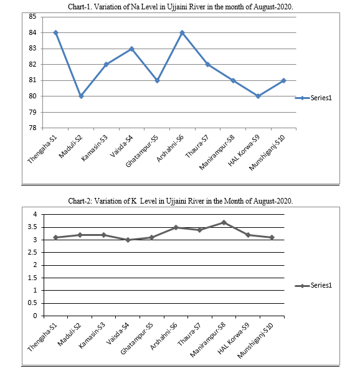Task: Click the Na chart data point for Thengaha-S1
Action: pyautogui.click(x=55, y=32)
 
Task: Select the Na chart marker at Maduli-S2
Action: pyautogui.click(x=81, y=96)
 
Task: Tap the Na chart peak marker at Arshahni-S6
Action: pyautogui.click(x=182, y=32)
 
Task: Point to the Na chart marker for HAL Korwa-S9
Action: pyautogui.click(x=258, y=96)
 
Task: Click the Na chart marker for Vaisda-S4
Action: pyautogui.click(x=132, y=49)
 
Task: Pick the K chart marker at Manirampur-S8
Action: pyautogui.click(x=224, y=222)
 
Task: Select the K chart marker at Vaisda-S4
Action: pyautogui.click(x=128, y=240)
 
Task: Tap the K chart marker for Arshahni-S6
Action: pyautogui.click(x=176, y=227)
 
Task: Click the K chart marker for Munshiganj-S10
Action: pyautogui.click(x=272, y=237)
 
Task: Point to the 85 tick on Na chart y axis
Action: pyautogui.click(x=32, y=17)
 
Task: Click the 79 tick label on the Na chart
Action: pyautogui.click(x=32, y=112)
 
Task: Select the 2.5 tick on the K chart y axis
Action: pyautogui.click(x=32, y=253)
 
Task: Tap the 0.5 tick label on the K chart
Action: pyautogui.click(x=32, y=303)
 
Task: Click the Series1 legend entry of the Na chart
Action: pyautogui.click(x=313, y=98)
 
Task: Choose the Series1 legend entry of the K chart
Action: pyautogui.click(x=313, y=285)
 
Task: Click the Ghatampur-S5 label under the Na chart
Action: pyautogui.click(x=142, y=151)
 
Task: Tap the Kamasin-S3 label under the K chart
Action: pyautogui.click(x=93, y=336)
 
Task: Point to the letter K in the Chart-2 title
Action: pyautogui.click(x=134, y=201)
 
